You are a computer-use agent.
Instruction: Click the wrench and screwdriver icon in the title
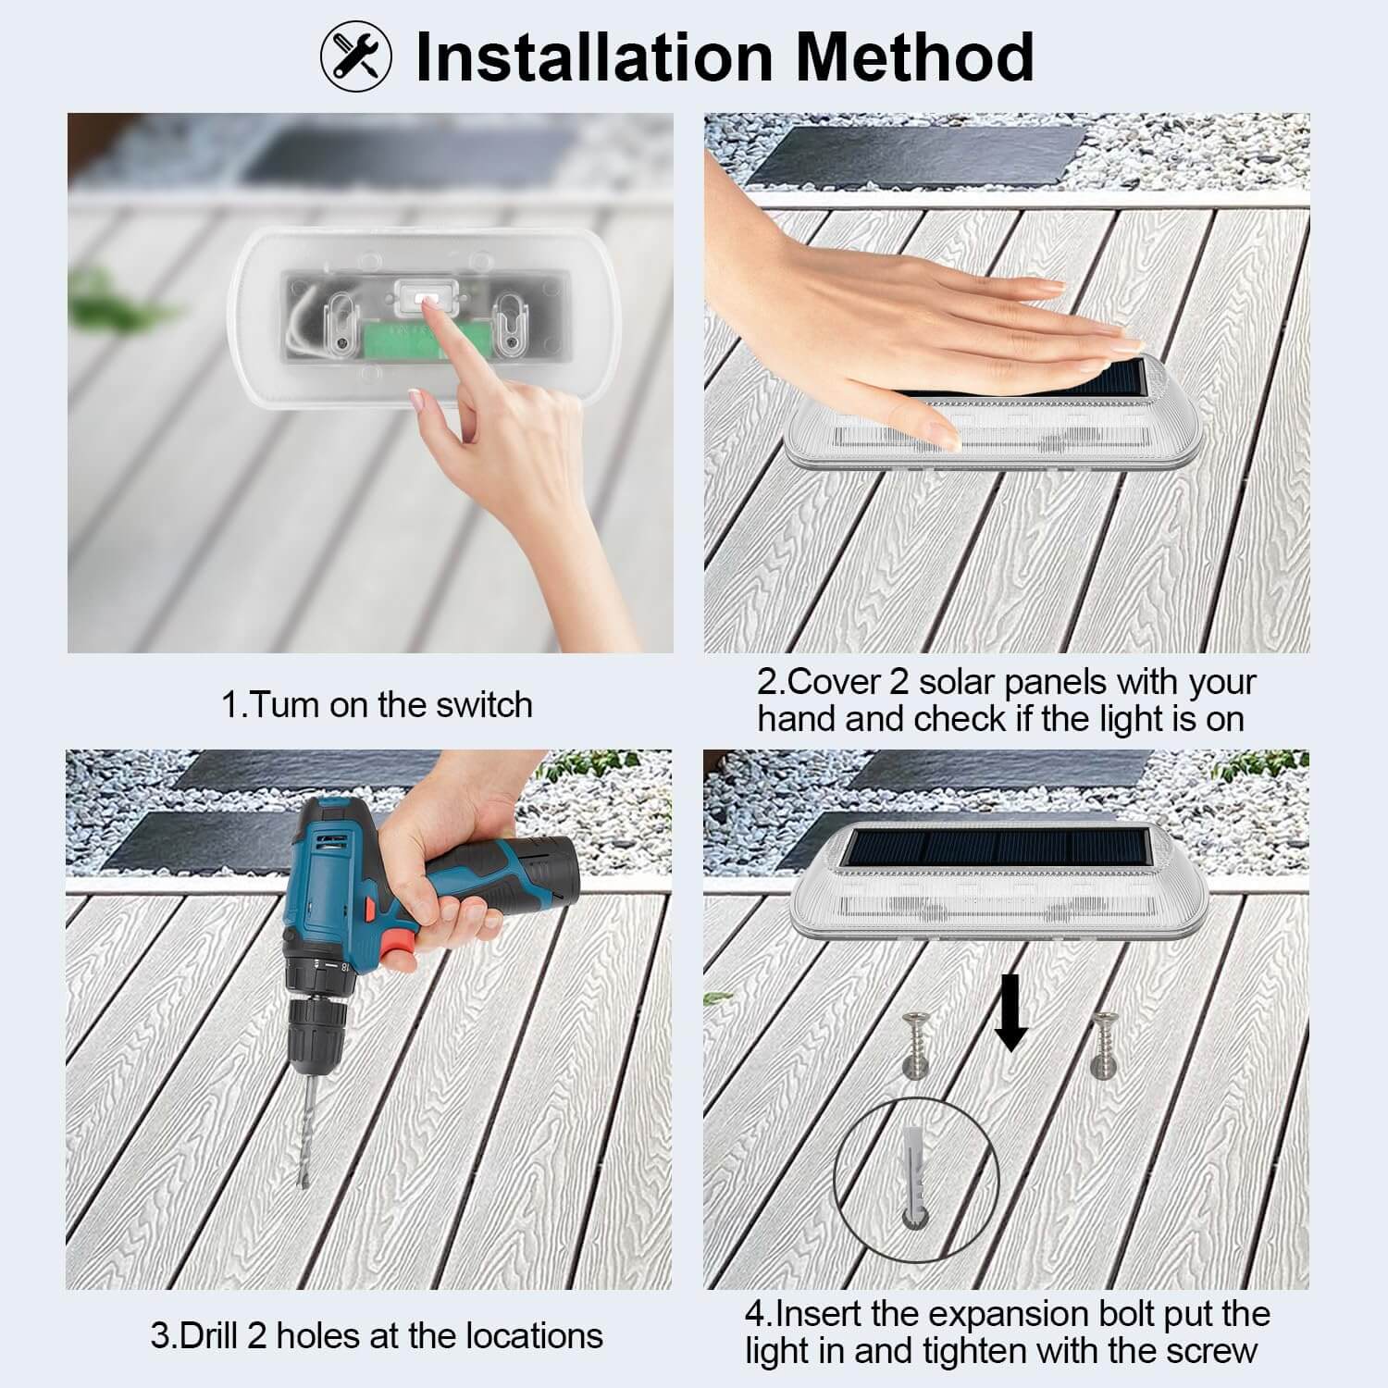[356, 56]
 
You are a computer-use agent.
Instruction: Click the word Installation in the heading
[593, 56]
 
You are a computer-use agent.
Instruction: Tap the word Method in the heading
[914, 56]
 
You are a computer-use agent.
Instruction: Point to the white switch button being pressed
[421, 297]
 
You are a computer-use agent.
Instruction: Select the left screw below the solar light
[914, 1046]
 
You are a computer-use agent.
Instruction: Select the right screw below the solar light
[1103, 1046]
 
